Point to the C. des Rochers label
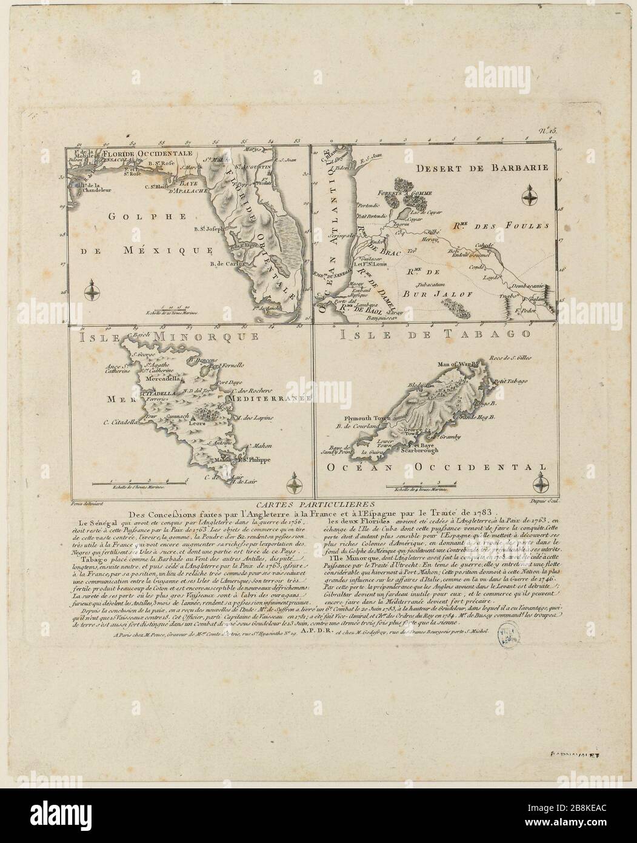[250, 389]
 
